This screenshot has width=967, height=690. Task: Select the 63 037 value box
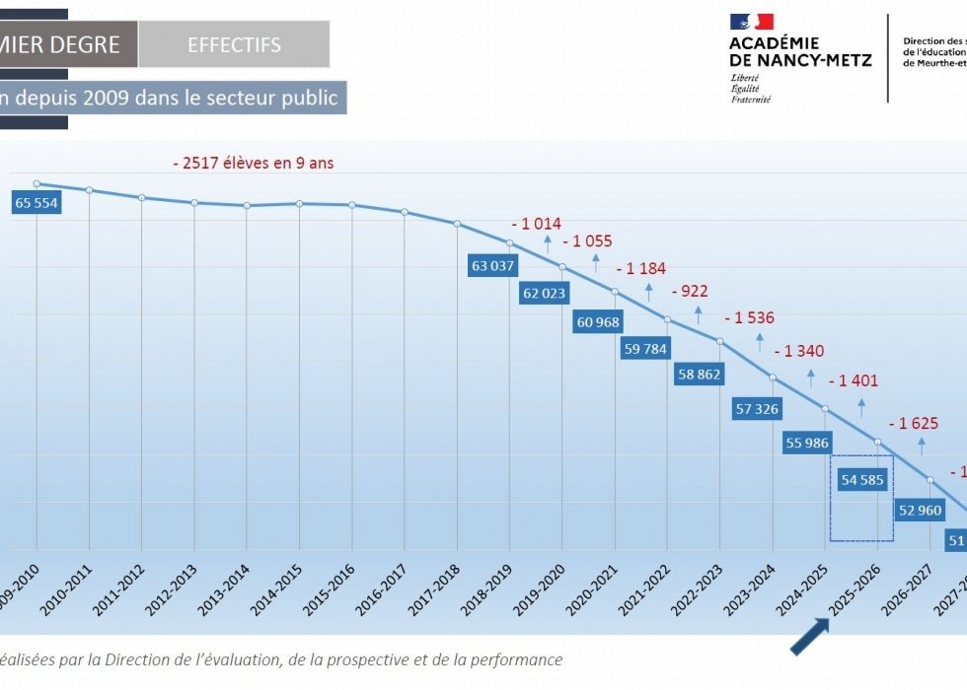coord(493,265)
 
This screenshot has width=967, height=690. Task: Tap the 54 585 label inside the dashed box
coord(862,481)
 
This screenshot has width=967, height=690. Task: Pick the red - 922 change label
coord(689,292)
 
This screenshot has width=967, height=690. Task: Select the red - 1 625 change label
coord(913,424)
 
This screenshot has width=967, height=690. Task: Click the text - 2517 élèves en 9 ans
coord(252,163)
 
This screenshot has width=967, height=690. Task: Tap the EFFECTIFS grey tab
coord(234,45)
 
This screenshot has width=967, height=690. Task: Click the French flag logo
coord(752,22)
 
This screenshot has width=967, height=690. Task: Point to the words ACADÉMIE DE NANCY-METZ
coord(800,51)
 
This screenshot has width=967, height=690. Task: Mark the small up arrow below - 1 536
coord(760,342)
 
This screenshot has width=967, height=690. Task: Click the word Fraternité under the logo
coord(751,99)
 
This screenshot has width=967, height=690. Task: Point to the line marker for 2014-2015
coord(299,203)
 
